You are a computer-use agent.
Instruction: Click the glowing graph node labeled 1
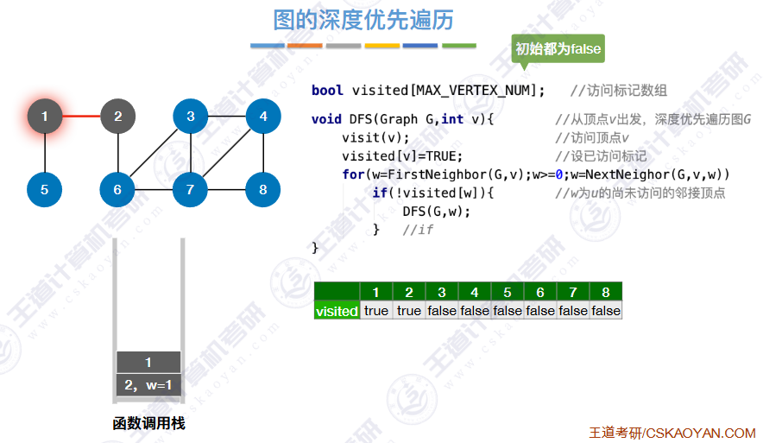(45, 116)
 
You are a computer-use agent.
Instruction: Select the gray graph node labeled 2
(117, 116)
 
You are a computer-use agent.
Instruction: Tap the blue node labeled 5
(45, 189)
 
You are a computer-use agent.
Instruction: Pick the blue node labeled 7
(190, 189)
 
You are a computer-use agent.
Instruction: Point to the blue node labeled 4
(263, 116)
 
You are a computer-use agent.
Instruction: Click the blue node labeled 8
(263, 189)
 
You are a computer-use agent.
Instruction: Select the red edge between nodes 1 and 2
(81, 116)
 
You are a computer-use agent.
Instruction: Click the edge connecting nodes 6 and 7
(154, 189)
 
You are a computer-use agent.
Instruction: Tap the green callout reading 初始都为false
(558, 49)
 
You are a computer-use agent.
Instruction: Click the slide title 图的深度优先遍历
(363, 20)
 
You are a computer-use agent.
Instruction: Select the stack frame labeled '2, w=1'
(148, 385)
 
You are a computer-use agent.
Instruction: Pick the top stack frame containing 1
(148, 363)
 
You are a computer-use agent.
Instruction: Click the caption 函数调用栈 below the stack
(148, 424)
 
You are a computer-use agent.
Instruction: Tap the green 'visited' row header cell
(337, 311)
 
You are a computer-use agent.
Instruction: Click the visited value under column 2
(409, 311)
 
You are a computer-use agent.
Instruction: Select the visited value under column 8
(606, 311)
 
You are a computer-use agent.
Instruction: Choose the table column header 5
(508, 292)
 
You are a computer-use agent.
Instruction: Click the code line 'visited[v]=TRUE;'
(402, 156)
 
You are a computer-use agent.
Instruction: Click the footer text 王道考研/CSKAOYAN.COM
(672, 433)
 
